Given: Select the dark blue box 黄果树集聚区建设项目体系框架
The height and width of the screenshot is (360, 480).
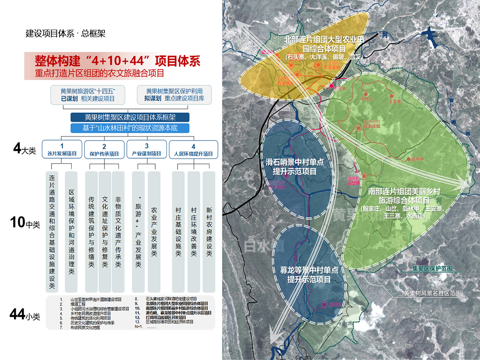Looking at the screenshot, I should click(x=130, y=118).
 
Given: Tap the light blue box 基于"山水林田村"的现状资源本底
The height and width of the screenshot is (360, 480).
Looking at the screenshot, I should click(x=130, y=128).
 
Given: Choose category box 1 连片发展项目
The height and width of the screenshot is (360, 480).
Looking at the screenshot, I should click(x=62, y=150).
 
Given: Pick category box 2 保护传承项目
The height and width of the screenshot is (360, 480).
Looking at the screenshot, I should click(x=104, y=150).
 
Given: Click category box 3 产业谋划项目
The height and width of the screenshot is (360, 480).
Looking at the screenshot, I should click(x=146, y=150).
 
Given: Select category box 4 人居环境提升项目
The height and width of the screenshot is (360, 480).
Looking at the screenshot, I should click(x=193, y=150).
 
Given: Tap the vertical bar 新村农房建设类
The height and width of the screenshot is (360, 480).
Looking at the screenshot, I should click(x=209, y=232).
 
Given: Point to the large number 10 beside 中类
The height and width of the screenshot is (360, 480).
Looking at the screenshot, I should click(x=18, y=223).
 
